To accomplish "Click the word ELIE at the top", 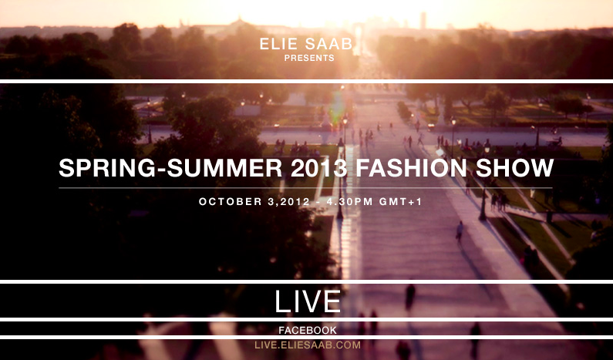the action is [278, 44].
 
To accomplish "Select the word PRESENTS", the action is [309, 59].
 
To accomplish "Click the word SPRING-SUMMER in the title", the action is [170, 168].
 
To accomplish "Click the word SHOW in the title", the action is [514, 168].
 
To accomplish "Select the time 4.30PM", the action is [345, 202].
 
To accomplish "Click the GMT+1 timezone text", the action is [401, 202].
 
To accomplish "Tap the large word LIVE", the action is [308, 301].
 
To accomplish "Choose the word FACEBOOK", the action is [308, 330].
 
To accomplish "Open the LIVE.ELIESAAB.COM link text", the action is [308, 345].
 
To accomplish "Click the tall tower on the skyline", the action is [423, 21].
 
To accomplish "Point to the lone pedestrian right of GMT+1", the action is [460, 231].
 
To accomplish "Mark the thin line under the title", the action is [305, 188].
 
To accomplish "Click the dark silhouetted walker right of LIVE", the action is [409, 297].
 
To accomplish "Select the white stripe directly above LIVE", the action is [307, 282].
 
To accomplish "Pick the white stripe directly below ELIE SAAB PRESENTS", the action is [307, 81].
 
